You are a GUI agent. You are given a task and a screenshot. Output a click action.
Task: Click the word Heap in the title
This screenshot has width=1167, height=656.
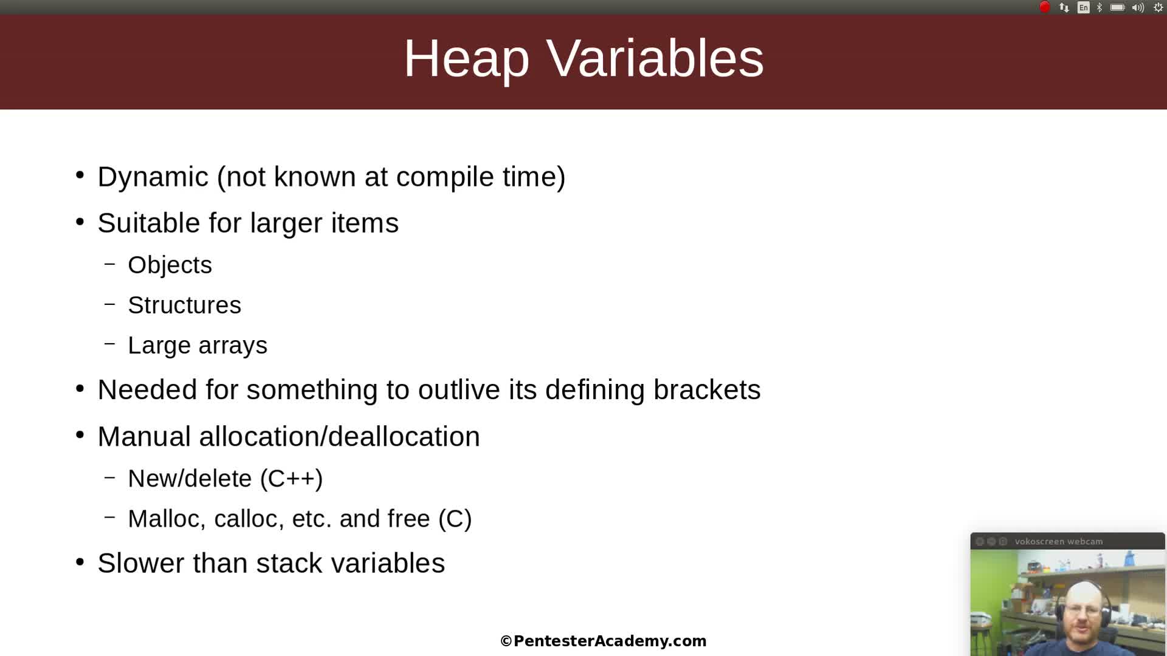(466, 59)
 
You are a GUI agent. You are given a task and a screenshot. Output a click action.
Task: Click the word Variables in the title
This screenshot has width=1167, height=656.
(655, 59)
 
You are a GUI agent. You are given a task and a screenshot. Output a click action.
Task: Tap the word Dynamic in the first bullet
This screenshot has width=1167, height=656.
(153, 177)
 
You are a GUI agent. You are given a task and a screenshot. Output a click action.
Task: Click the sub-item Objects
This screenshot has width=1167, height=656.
(170, 265)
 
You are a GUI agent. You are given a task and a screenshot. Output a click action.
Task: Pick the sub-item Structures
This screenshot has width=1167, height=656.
(184, 306)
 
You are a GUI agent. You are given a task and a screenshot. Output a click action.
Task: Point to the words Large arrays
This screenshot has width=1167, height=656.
(198, 346)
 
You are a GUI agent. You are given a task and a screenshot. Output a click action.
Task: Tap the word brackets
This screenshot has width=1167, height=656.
(706, 390)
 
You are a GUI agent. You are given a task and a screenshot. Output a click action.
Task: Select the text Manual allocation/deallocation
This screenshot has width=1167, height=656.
(289, 437)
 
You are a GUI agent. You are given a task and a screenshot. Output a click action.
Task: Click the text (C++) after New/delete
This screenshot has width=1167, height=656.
(291, 479)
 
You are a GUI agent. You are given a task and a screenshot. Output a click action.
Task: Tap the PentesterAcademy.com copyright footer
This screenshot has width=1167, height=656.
(603, 641)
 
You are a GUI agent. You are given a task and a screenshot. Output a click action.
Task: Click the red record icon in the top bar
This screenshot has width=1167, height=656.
(1044, 7)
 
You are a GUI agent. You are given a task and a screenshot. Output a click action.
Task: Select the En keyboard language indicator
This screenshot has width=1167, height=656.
(1083, 7)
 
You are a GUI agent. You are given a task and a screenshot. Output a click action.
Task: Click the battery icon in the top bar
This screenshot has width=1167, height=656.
(1117, 7)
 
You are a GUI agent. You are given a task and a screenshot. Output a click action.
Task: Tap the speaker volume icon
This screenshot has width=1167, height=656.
(1138, 7)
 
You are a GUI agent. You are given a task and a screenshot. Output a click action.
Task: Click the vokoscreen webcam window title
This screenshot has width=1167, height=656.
(1058, 542)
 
